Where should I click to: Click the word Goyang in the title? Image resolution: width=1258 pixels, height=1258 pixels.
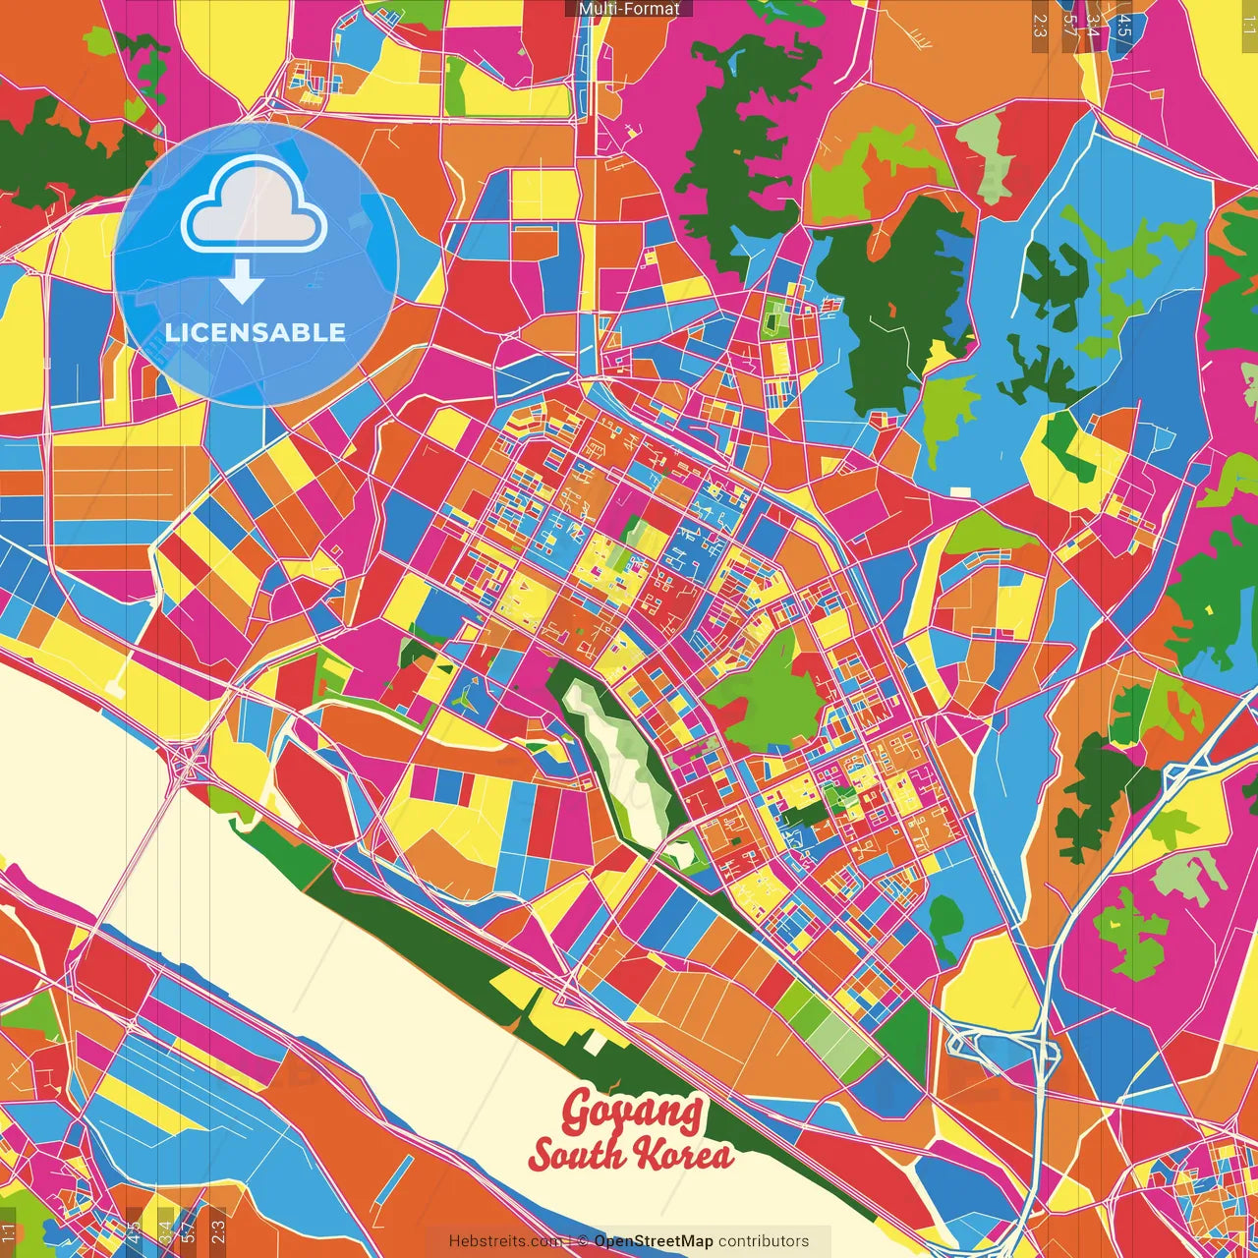point(632,1113)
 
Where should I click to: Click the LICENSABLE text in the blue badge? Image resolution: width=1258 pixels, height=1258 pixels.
point(256,332)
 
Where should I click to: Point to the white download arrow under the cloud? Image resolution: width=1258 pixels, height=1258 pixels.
point(242,281)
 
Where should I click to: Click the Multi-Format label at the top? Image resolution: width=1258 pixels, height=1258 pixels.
point(629,9)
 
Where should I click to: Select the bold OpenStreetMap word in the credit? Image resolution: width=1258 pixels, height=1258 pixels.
point(653,1241)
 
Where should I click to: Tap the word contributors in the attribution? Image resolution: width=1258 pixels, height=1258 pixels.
point(764,1241)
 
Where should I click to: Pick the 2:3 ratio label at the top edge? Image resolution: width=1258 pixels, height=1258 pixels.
point(1039,25)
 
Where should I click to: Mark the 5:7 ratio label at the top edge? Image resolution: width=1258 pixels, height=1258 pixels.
point(1070,29)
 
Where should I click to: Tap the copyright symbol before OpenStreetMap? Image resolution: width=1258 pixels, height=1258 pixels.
point(583,1241)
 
